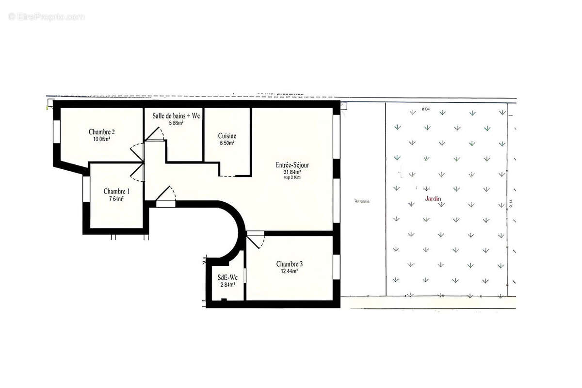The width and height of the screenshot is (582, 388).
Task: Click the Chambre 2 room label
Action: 101,131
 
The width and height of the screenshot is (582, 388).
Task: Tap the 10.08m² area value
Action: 101,139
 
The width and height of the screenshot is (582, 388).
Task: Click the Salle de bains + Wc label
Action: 176,116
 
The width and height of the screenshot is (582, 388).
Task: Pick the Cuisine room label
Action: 227,136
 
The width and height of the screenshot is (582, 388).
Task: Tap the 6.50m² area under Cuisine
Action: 227,144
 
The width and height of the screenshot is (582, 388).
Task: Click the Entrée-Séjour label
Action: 292,165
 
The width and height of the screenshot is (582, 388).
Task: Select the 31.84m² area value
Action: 292,172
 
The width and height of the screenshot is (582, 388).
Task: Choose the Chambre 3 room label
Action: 290,264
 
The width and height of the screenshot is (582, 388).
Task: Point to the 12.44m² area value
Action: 290,271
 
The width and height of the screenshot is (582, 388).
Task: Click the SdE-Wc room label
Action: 227,277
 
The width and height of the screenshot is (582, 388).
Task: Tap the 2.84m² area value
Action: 227,285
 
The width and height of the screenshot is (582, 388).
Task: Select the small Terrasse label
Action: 362,201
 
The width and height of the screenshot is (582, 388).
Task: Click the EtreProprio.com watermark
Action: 47,16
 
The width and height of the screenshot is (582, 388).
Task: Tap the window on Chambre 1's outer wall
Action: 85,189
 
